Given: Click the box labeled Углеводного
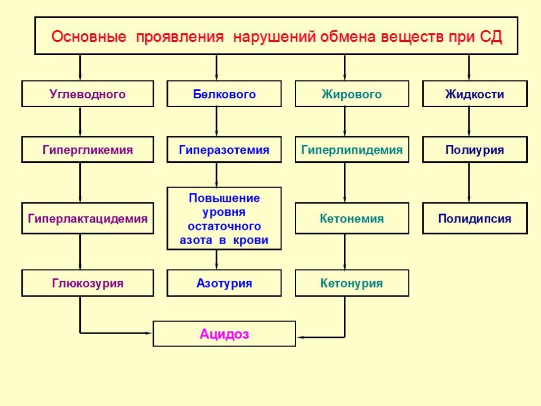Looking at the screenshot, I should coord(88,94).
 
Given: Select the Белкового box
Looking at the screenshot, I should coord(224,94).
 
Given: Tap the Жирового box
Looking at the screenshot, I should coord(352,94).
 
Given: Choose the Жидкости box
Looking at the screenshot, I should coord(474,94).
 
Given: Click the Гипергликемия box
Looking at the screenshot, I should coord(88,150).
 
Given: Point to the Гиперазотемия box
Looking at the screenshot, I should coord(224,150).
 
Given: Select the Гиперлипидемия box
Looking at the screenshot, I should coord(352,150).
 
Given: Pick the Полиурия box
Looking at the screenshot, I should coord(474,150).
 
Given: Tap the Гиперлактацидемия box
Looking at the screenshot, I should coord(88,218).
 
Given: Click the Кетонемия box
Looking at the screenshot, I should coord(352,218).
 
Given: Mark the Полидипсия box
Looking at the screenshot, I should coord(474,218).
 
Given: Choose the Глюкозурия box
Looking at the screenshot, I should coord(88,283).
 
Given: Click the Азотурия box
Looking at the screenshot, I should coord(224,283).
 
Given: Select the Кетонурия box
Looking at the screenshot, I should coord(352,283).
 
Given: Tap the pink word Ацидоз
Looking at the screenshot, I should coord(224,334).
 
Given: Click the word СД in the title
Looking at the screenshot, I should coord(491,38).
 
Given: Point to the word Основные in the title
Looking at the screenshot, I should coord(89,38).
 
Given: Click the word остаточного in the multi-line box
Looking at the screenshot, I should coord(225,226).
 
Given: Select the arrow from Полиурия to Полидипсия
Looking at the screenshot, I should coord(469,182).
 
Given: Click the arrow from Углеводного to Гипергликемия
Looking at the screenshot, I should coord(80,121).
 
